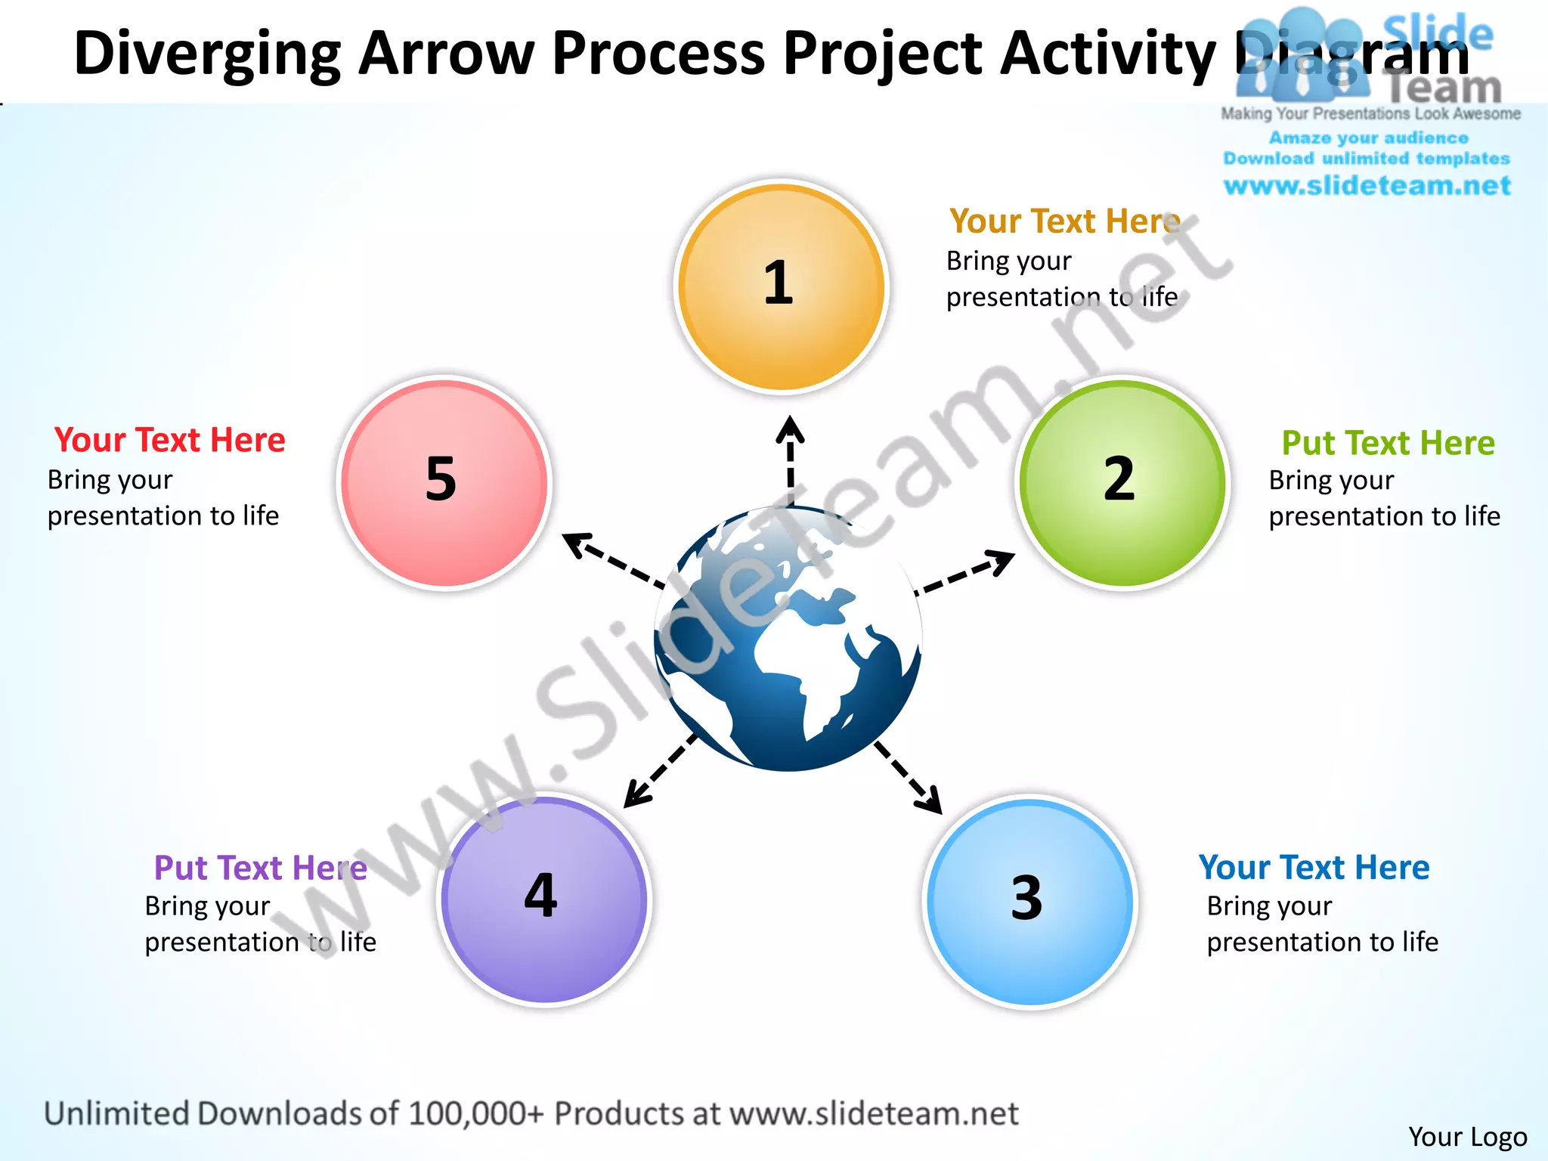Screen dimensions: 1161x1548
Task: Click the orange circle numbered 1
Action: coord(781,287)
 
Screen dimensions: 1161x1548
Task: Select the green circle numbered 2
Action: coord(1122,483)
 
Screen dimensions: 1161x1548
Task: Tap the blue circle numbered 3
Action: coord(1029,902)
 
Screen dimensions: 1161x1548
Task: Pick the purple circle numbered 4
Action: coord(544,899)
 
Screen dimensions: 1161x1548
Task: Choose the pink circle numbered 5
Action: coord(444,483)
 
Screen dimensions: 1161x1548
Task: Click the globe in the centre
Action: coord(788,639)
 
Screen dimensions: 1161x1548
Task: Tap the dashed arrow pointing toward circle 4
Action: coord(660,771)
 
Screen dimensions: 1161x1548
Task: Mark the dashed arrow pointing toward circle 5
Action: coord(614,559)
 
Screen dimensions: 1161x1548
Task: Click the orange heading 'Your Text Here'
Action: coord(1064,221)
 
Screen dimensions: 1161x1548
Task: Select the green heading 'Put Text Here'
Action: coord(1388,443)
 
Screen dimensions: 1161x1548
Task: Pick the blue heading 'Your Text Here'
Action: coord(1314,868)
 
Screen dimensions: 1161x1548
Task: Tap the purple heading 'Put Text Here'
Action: coord(260,868)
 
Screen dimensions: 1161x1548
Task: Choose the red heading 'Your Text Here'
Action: coord(169,440)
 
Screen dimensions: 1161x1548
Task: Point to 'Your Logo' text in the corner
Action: coord(1467,1137)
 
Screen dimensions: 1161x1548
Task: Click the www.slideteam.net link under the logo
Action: coord(1367,186)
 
